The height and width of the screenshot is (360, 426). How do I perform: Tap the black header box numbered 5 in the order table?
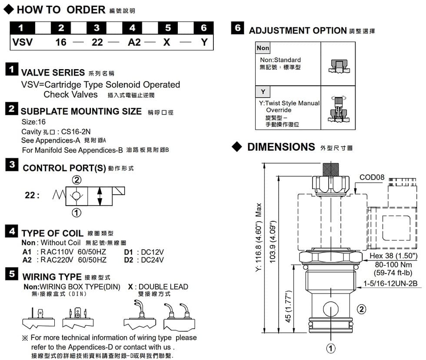168,28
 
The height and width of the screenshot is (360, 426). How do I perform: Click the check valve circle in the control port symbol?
77,195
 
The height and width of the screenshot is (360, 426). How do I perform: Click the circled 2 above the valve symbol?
77,180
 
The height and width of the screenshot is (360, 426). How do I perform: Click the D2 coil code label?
129,260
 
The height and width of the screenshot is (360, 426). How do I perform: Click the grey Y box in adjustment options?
263,91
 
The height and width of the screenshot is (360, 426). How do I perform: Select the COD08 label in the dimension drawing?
372,177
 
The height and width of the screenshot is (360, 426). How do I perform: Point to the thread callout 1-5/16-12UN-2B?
390,284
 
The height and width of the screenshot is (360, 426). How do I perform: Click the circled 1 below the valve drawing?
331,348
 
